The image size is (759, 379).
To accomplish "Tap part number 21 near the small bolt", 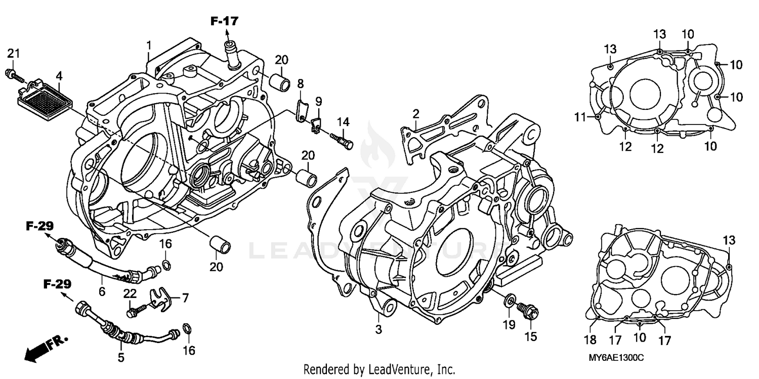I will pos(13,54).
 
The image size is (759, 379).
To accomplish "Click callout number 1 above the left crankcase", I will pos(149,46).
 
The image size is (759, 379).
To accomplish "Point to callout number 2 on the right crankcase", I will pos(415,113).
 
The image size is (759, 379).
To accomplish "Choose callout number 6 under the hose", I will pos(102,291).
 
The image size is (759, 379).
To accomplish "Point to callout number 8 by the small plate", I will pos(300,83).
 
